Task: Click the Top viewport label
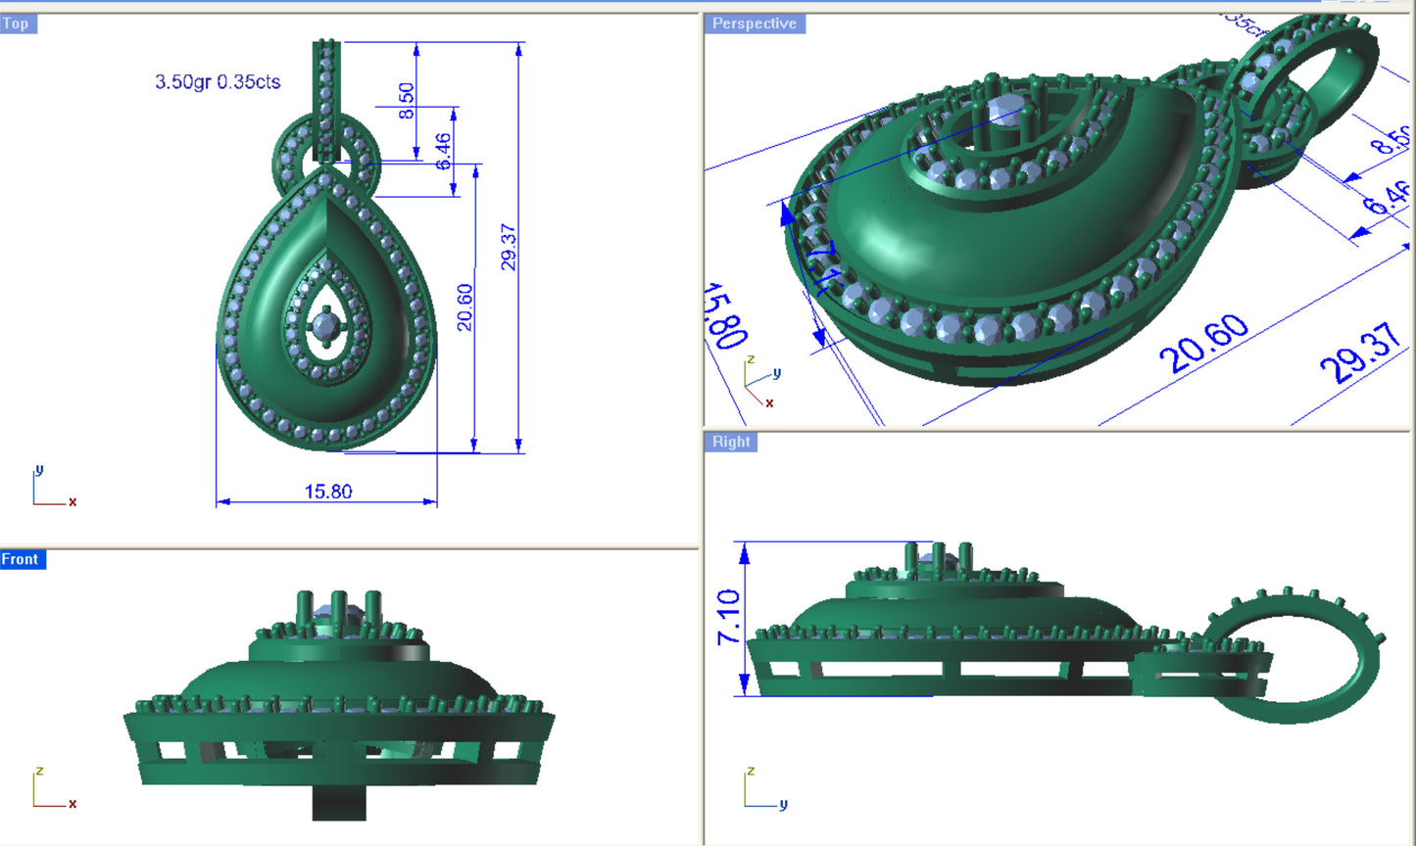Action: click(17, 23)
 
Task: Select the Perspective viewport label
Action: click(754, 23)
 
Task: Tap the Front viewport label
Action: click(21, 559)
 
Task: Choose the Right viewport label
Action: click(731, 442)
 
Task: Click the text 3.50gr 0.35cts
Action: click(218, 82)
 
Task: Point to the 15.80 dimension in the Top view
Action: click(327, 492)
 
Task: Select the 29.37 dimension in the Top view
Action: click(508, 247)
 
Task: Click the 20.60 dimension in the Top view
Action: click(464, 307)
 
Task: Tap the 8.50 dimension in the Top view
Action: click(406, 101)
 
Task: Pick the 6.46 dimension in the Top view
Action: click(443, 152)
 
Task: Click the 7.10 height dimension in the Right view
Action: click(728, 617)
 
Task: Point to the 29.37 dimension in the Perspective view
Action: click(1362, 354)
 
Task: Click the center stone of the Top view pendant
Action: click(324, 324)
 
